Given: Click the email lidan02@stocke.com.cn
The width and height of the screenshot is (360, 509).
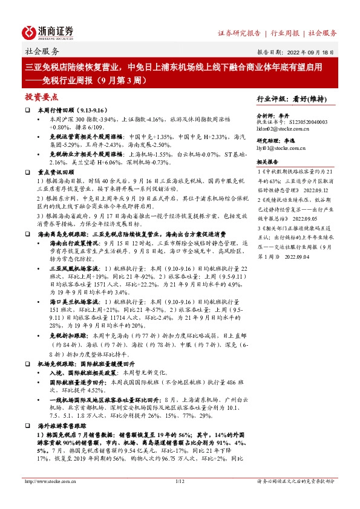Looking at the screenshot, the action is (284, 129).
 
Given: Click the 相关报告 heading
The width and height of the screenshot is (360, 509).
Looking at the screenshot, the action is (267, 163).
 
